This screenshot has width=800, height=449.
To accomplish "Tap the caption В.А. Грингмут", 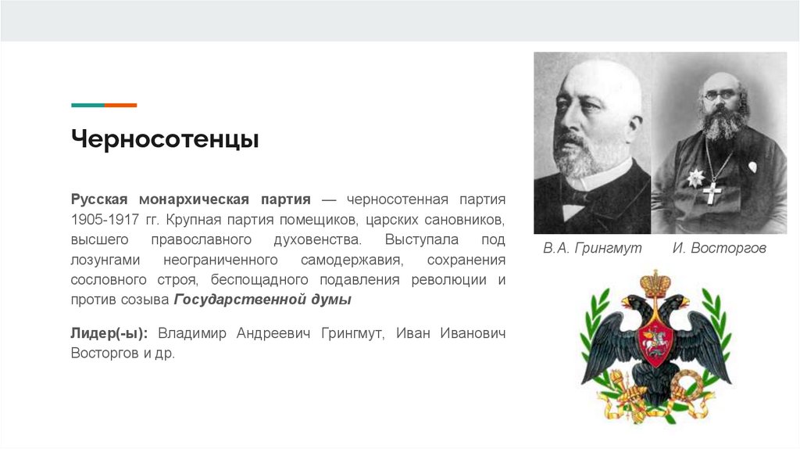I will (592, 248).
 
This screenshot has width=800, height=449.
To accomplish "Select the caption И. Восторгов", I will (719, 248).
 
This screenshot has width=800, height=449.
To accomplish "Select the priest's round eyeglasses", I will (720, 95).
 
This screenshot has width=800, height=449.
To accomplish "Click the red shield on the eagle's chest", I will (655, 341).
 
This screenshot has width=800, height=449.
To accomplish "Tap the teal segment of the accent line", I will (87, 105).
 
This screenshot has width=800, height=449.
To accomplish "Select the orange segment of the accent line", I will (120, 105).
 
